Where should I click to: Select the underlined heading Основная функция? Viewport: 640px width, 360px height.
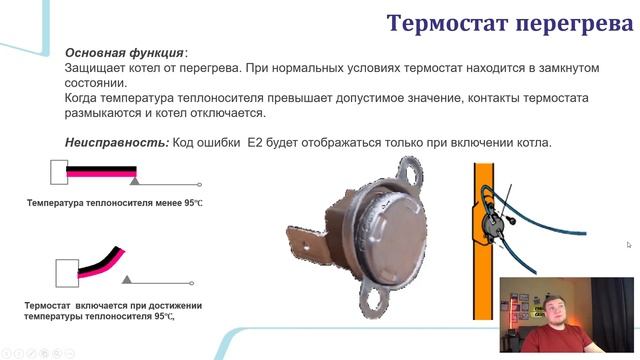(x=124, y=52)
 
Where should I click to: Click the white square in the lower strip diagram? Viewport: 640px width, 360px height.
(x=66, y=271)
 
